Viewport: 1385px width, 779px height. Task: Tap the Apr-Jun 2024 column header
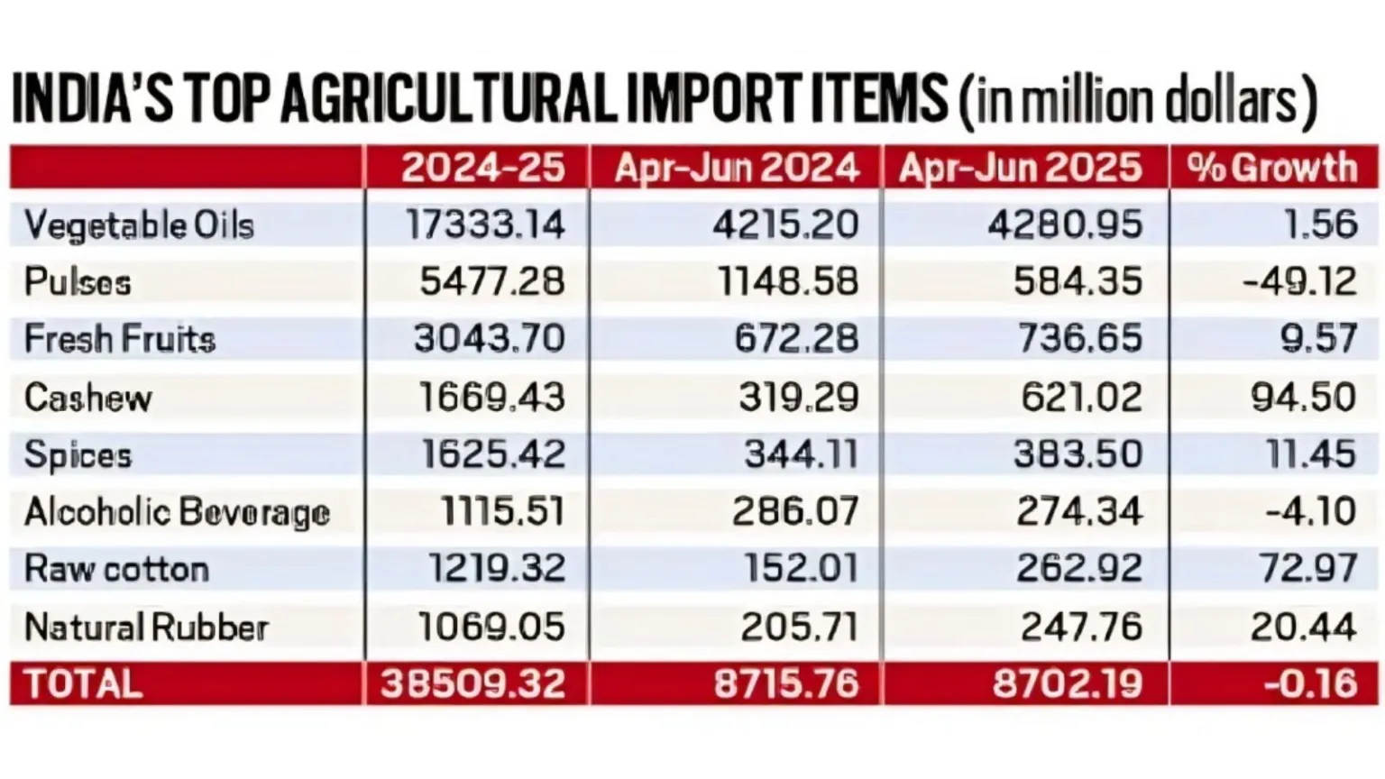click(737, 169)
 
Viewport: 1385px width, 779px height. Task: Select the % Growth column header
click(1272, 169)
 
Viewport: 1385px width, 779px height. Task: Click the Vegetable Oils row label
click(140, 225)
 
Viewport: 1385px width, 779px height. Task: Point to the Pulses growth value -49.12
click(1299, 282)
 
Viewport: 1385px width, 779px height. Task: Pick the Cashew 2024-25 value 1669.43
click(492, 398)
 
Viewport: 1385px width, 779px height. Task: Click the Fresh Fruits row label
click(120, 340)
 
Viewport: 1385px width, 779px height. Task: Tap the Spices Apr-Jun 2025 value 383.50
click(1078, 454)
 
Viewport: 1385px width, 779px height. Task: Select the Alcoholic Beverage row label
click(178, 512)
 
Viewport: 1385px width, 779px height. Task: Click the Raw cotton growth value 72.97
click(1304, 569)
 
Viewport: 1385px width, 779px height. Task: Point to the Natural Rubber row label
click(147, 628)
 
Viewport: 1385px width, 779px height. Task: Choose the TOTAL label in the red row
click(83, 684)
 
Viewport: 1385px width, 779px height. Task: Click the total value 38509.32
click(473, 684)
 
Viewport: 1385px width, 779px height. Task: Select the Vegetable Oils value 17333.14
click(485, 225)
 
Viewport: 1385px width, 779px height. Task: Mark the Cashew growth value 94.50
click(1304, 398)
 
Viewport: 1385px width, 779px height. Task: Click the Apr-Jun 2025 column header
click(1021, 169)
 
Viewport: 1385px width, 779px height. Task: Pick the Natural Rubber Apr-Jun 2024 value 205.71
click(799, 628)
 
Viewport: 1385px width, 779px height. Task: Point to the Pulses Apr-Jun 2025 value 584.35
click(1078, 282)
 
